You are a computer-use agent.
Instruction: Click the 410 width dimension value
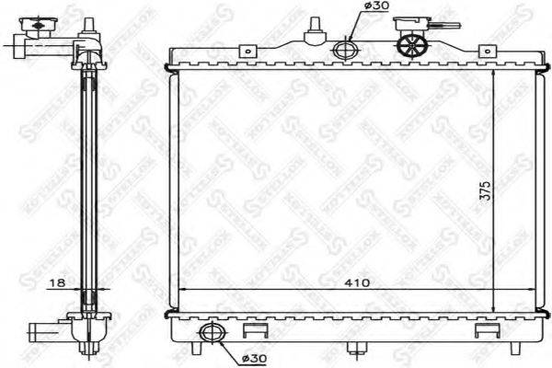358,283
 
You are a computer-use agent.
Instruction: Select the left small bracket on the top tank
247,53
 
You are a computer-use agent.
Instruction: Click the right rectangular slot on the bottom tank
484,328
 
